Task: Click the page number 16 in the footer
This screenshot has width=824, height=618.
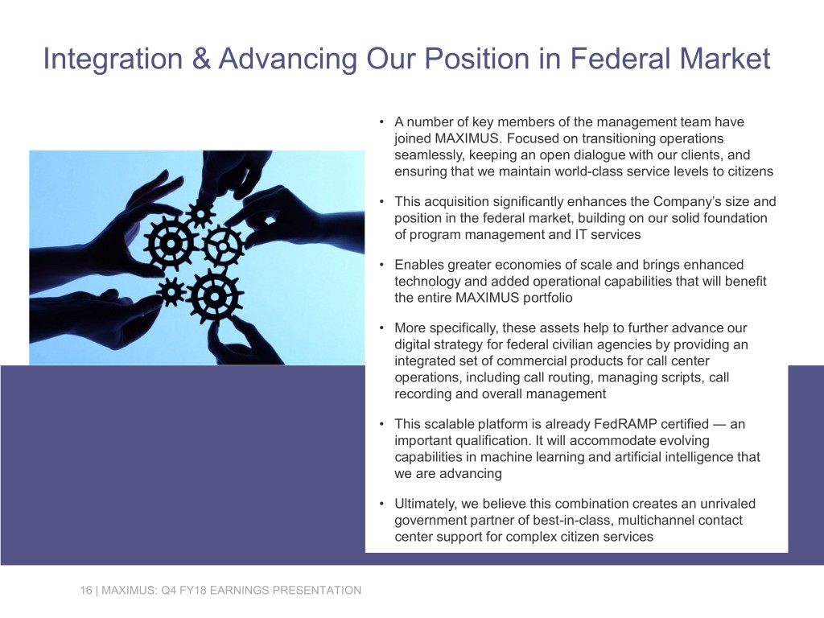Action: click(x=84, y=591)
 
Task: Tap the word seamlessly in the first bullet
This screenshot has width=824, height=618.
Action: click(x=426, y=154)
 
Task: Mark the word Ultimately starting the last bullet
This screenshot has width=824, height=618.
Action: click(x=426, y=504)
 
